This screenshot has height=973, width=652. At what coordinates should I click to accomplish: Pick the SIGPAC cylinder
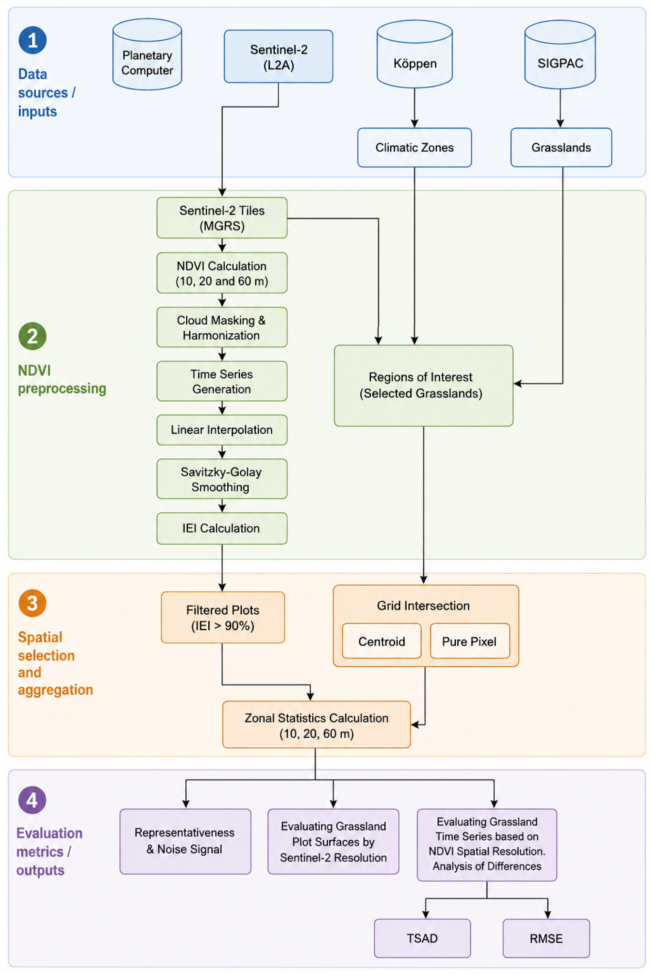[x=560, y=55]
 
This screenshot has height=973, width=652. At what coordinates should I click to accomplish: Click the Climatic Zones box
[x=415, y=148]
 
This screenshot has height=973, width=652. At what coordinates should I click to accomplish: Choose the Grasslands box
[x=561, y=148]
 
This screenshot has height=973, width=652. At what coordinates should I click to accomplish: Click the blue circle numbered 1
[x=32, y=40]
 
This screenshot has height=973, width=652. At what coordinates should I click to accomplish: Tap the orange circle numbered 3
[x=32, y=603]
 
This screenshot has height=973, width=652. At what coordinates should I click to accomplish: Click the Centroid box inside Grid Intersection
[x=382, y=641]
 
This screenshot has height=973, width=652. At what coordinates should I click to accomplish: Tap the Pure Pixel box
[x=470, y=641]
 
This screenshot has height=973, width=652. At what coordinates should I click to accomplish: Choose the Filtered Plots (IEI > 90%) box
[x=223, y=617]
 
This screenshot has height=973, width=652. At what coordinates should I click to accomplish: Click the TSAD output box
[x=422, y=938]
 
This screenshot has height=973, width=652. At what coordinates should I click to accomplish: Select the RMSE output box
[x=546, y=938]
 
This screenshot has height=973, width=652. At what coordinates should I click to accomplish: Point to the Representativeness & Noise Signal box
[x=185, y=841]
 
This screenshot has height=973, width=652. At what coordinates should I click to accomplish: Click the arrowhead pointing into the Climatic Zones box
[x=415, y=123]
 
